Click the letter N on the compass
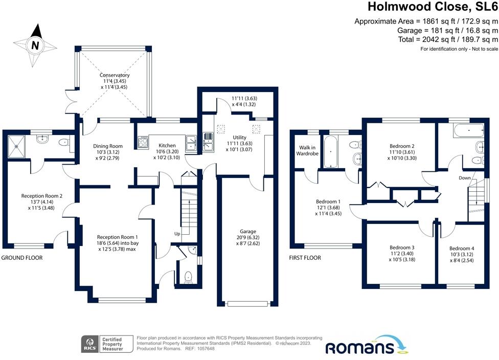[35, 45]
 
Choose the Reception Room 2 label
[41, 195]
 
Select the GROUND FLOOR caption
[21, 258]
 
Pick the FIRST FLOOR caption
[305, 258]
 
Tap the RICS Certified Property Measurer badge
[107, 345]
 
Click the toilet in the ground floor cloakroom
[188, 277]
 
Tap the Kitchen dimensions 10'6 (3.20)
[167, 152]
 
